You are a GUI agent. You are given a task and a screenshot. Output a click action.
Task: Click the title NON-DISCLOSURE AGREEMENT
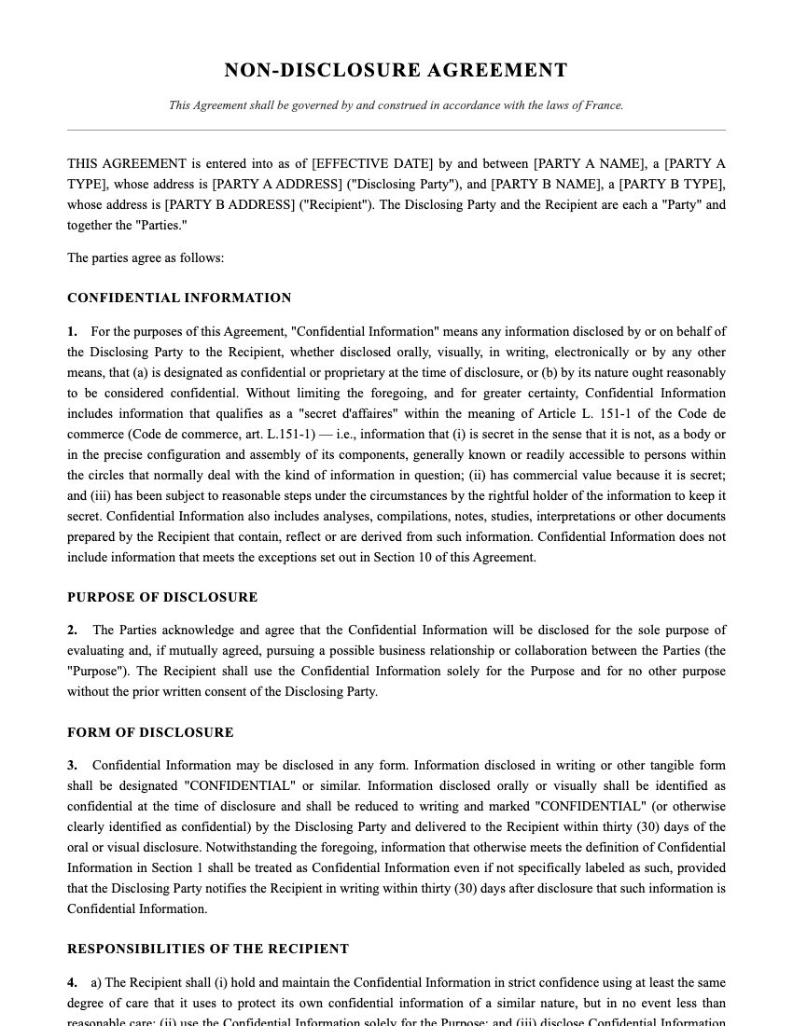click(x=396, y=71)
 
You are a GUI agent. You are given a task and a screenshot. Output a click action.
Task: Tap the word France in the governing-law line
click(x=603, y=105)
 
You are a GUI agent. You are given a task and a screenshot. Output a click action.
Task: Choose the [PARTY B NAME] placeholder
click(x=544, y=185)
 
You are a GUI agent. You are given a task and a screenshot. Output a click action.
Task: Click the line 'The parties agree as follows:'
click(x=146, y=258)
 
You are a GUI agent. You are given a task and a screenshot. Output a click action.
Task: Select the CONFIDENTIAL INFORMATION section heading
click(x=179, y=298)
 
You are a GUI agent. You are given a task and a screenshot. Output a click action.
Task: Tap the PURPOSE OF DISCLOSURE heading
click(x=162, y=598)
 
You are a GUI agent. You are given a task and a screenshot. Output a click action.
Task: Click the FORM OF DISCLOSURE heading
click(x=150, y=733)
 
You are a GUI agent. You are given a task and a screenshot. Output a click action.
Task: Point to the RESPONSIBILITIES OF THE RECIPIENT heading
click(x=208, y=950)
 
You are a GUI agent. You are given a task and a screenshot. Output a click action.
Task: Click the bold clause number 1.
click(x=72, y=332)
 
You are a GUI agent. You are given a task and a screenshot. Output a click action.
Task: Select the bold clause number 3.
click(x=72, y=766)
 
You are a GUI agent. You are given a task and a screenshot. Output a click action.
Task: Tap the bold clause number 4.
click(x=72, y=983)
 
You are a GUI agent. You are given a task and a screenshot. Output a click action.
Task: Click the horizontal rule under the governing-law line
click(x=396, y=130)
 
